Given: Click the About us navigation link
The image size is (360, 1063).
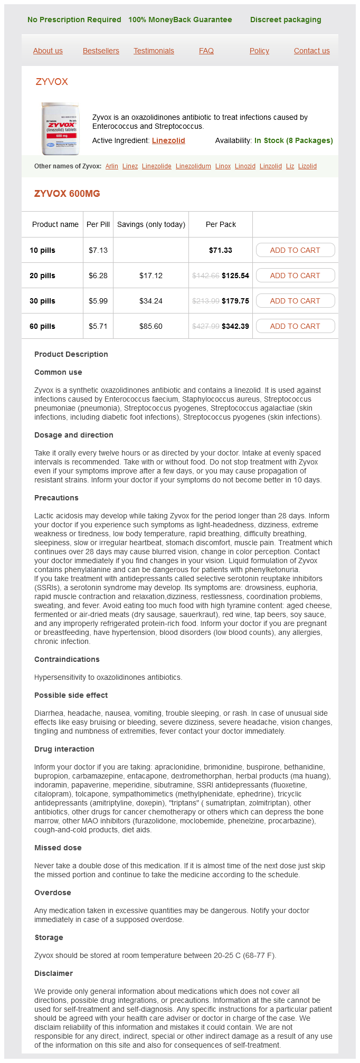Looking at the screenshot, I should (x=48, y=51).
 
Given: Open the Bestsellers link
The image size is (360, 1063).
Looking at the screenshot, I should (x=101, y=51).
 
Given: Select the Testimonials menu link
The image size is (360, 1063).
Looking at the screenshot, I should (x=154, y=51).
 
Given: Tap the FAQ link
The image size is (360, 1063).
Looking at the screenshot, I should (x=206, y=51).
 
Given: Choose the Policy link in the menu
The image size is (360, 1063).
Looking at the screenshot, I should (x=259, y=51).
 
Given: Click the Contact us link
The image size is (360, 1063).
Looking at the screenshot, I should (x=311, y=51).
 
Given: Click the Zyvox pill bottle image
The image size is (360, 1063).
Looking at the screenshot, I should (x=60, y=129).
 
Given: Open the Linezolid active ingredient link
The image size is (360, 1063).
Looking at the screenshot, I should (x=168, y=140).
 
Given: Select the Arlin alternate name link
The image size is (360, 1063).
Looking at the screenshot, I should (x=112, y=166).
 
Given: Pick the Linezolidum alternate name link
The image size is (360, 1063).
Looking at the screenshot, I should (x=193, y=166).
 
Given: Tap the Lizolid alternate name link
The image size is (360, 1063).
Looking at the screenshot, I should (x=307, y=166).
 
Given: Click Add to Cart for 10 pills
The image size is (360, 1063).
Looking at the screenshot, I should (x=295, y=250).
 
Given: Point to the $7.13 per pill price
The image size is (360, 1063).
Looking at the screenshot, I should (x=98, y=250).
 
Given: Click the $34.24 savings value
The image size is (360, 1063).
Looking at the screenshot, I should (x=151, y=301).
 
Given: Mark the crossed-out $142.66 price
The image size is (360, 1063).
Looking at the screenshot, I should (x=205, y=276).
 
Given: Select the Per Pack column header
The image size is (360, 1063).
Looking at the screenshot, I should (x=221, y=224).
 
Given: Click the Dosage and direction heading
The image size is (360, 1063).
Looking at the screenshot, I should (x=74, y=435).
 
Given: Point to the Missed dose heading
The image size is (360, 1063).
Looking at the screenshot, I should (x=58, y=848).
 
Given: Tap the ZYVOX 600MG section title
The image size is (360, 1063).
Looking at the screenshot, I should (x=67, y=194).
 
